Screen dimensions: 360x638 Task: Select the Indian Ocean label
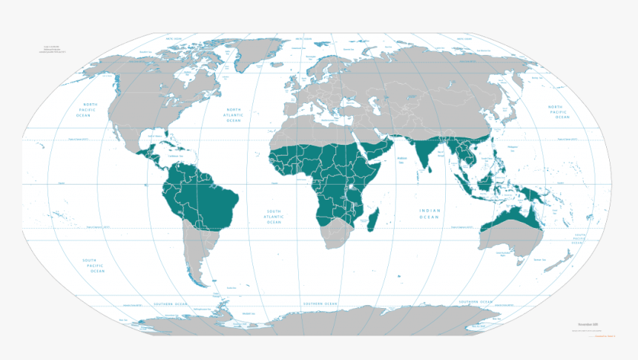point(429,214)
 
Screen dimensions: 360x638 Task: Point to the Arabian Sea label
point(404,160)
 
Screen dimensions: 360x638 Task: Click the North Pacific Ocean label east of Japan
point(559,112)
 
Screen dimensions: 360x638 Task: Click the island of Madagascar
point(375,220)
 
